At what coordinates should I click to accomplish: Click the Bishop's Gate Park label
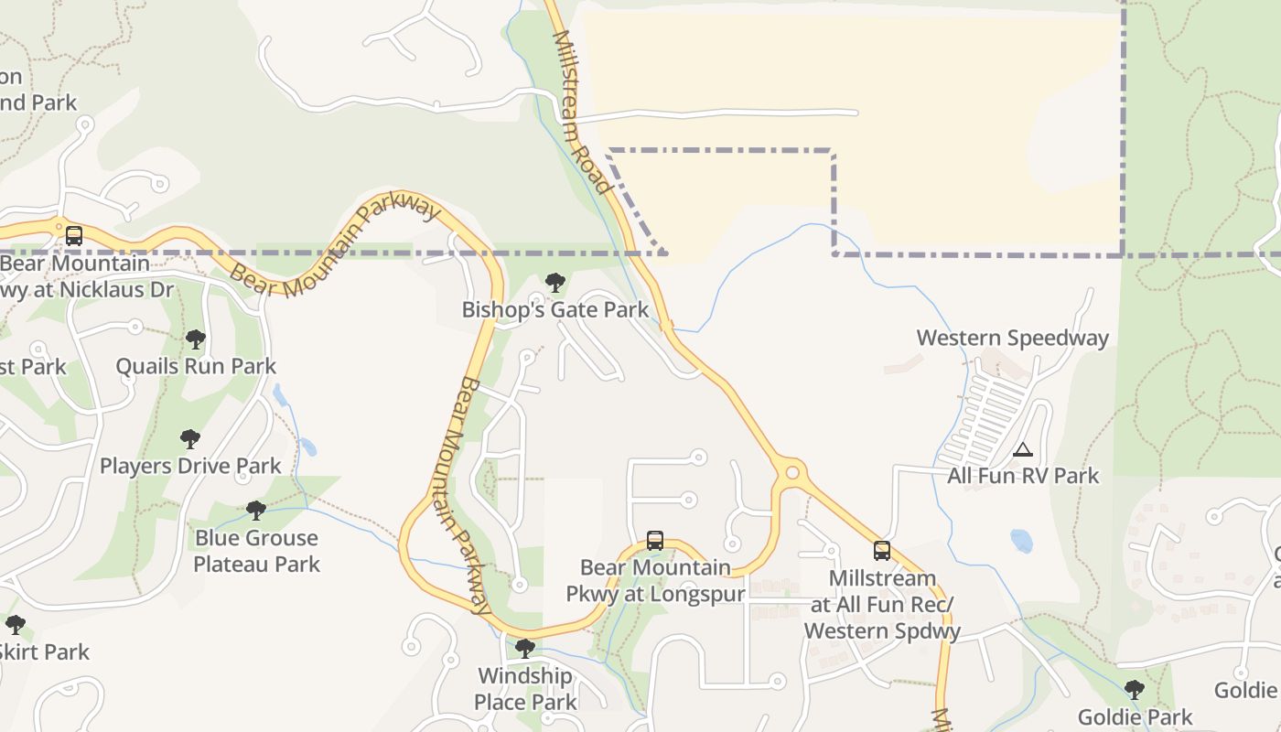(x=554, y=309)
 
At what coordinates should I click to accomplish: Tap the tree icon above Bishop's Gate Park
(x=554, y=283)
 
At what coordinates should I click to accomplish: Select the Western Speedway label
(x=1012, y=338)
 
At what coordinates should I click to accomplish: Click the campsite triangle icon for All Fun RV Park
(x=1022, y=449)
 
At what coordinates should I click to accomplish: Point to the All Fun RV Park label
(x=1023, y=476)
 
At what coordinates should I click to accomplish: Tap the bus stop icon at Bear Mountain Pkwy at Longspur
(x=654, y=540)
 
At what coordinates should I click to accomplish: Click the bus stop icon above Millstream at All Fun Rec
(x=881, y=550)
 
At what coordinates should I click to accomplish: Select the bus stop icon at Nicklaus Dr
(x=74, y=235)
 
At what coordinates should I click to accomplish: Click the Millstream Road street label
(x=582, y=112)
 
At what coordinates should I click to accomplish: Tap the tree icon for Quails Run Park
(x=195, y=339)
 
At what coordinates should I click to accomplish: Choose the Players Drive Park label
(x=190, y=466)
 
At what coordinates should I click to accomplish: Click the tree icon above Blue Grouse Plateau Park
(x=256, y=510)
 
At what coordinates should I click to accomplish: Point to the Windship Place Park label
(x=525, y=689)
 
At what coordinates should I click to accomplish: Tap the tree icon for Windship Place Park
(x=524, y=649)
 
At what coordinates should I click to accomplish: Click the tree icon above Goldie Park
(x=1134, y=689)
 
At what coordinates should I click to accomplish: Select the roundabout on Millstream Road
(x=792, y=473)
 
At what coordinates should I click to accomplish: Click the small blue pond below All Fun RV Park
(x=1021, y=541)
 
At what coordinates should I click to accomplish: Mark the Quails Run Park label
(x=196, y=366)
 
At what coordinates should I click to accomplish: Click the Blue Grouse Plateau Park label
(x=256, y=550)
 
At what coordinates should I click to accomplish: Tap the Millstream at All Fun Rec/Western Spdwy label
(x=882, y=604)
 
